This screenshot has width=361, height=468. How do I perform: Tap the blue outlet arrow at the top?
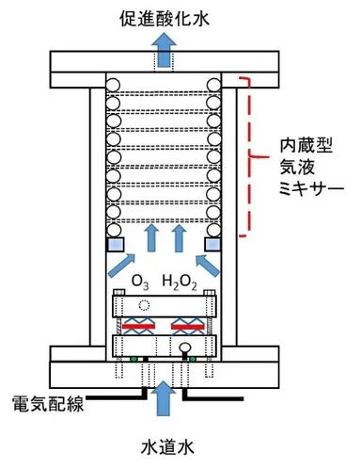(x=164, y=52)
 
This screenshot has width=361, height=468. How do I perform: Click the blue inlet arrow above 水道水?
(x=164, y=396)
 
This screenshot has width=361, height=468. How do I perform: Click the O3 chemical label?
(x=140, y=281)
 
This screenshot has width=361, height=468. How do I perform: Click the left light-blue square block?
(x=116, y=246)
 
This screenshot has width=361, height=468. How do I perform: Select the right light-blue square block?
(x=212, y=246)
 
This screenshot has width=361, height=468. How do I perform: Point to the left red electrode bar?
(x=140, y=326)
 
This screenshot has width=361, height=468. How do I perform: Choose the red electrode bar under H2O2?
(x=185, y=326)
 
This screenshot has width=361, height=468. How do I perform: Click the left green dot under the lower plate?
(x=135, y=359)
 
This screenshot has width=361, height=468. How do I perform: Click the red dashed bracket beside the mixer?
(x=250, y=155)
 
